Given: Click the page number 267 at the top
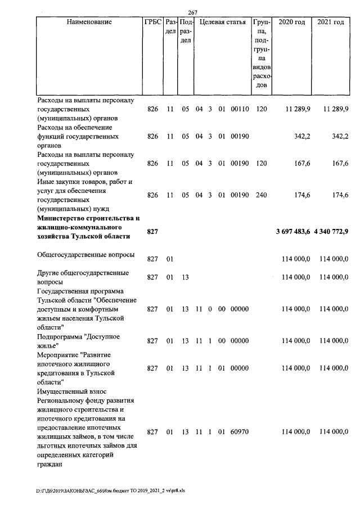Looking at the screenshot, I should point(193,13).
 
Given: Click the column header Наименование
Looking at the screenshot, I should point(89,22).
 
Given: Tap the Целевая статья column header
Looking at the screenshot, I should point(223,22).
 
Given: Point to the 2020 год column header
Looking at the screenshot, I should point(292,22).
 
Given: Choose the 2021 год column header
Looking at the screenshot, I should point(330,22).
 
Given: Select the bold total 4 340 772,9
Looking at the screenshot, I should point(331,232).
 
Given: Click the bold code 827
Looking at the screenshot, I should point(152,232).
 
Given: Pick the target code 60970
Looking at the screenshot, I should point(240,432).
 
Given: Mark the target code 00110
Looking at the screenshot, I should point(240,109).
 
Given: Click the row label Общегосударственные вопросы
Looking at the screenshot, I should point(85,255).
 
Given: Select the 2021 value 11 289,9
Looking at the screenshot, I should point(336,109).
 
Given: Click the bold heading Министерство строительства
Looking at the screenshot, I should point(88,218).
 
